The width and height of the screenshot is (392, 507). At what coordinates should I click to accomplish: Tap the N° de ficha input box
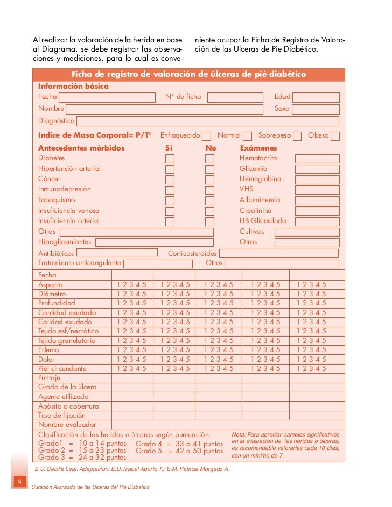[x=235, y=97]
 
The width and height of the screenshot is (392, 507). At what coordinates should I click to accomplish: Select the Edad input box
[x=316, y=97]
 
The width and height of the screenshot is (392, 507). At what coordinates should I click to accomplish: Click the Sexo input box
[x=316, y=109]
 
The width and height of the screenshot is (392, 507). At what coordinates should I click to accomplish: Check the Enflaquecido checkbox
[x=206, y=136]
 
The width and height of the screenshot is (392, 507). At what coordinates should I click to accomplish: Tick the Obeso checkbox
[x=335, y=136]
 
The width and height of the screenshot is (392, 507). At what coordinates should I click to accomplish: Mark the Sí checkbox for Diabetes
[x=170, y=159]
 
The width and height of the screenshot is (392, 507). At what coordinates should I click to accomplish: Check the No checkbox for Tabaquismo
[x=209, y=201]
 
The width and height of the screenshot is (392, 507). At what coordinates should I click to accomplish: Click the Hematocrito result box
[x=317, y=159]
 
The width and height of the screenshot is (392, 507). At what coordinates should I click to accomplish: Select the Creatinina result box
[x=317, y=211]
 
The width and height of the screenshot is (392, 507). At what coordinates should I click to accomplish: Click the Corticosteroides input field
[x=278, y=253]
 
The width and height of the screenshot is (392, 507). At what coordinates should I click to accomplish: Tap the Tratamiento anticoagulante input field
[x=158, y=263]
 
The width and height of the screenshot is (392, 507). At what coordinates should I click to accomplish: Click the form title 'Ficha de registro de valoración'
[x=188, y=74]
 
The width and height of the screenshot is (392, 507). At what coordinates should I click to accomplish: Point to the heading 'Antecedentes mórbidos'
[x=81, y=148]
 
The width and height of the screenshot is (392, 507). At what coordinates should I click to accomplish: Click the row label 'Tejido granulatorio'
[x=67, y=340]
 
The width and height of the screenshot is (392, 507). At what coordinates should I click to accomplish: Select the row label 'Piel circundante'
[x=62, y=368]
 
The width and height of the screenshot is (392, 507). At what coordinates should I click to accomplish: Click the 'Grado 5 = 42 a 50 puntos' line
[x=179, y=451]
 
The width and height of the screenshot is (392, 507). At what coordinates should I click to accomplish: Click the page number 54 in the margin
[x=19, y=480]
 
